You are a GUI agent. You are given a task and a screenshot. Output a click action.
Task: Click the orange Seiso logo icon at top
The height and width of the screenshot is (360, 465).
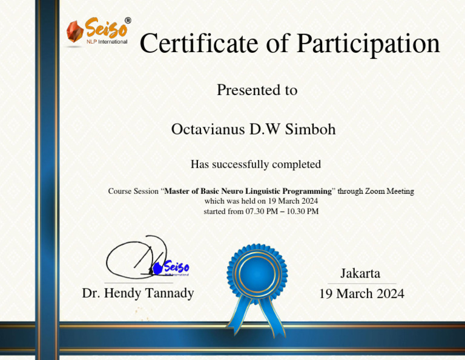tap(74, 32)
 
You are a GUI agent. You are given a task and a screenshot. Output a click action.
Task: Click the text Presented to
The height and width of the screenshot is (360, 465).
tap(257, 90)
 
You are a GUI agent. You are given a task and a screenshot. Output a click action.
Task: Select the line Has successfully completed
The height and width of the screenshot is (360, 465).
tap(256, 164)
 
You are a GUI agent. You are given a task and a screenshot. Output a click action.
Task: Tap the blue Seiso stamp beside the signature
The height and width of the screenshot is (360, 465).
tap(173, 267)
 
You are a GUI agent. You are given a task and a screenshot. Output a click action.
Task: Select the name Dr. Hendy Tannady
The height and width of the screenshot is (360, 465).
tap(138, 293)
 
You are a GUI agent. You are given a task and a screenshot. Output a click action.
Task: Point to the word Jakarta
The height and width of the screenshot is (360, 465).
tap(360, 273)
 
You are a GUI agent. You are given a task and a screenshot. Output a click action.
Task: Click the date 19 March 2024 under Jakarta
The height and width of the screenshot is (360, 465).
tap(361, 294)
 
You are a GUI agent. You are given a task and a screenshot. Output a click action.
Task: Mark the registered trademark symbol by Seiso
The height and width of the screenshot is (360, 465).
tap(127, 20)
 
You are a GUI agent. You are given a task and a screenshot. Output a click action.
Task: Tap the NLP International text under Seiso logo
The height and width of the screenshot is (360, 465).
tap(107, 42)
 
